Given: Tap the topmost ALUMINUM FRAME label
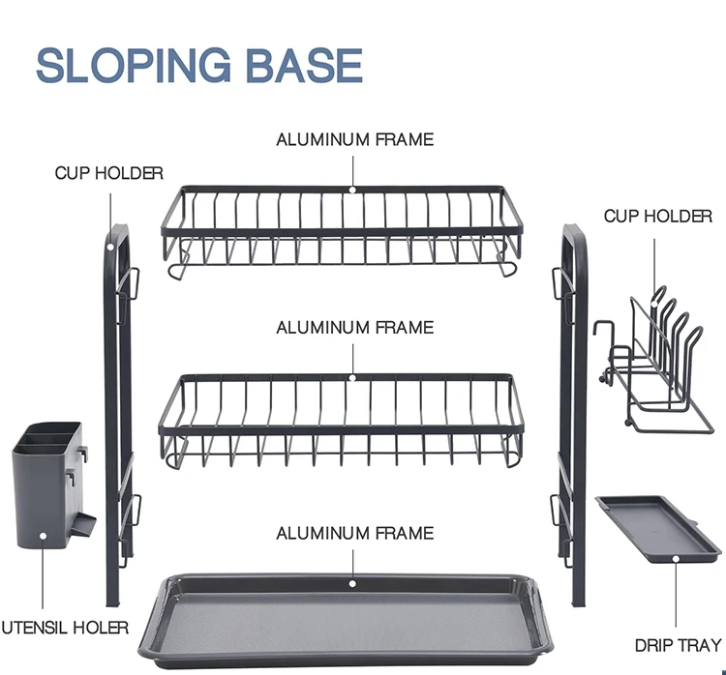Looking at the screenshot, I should click(x=354, y=139).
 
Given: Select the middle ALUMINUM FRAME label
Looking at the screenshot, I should click(x=354, y=328).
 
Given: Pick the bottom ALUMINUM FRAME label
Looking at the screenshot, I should click(x=354, y=533).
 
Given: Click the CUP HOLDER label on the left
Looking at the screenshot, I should click(x=108, y=173).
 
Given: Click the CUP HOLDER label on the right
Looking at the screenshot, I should click(x=657, y=216).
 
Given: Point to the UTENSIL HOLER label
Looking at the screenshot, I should click(x=65, y=628).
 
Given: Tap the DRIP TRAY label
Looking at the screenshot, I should click(x=678, y=645).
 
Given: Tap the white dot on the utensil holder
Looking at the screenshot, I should click(x=42, y=533).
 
